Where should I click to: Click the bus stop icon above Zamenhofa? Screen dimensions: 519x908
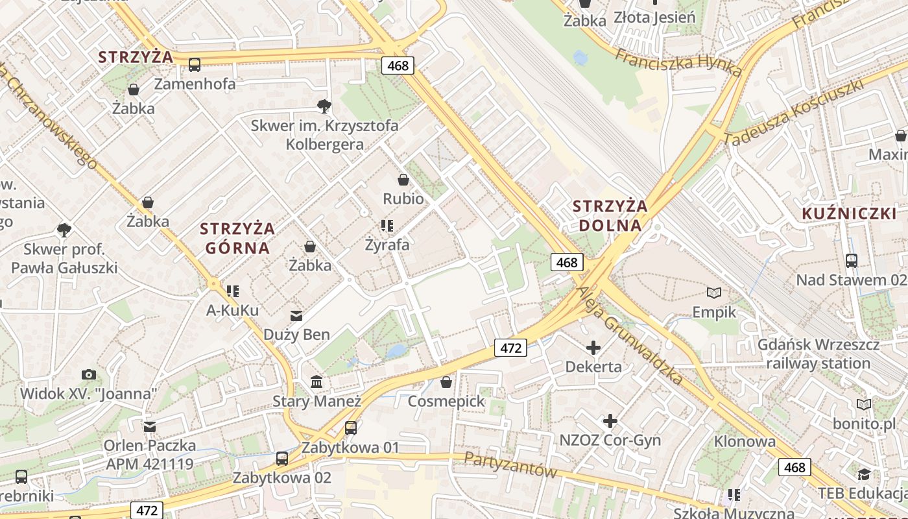pyautogui.click(x=195, y=64)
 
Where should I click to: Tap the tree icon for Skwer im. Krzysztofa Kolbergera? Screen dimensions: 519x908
pyautogui.click(x=324, y=106)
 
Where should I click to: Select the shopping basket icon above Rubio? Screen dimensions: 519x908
pyautogui.click(x=403, y=180)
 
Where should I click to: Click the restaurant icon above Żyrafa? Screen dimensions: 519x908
pyautogui.click(x=387, y=226)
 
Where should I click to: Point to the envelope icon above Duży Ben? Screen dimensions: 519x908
pyautogui.click(x=296, y=316)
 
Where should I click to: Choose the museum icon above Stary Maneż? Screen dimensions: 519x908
pyautogui.click(x=317, y=382)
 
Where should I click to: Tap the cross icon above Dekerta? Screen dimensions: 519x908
pyautogui.click(x=593, y=348)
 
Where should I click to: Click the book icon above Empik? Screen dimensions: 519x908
pyautogui.click(x=714, y=293)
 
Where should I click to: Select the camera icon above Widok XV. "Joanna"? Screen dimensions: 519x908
pyautogui.click(x=89, y=374)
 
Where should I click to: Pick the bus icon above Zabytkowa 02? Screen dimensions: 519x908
pyautogui.click(x=282, y=459)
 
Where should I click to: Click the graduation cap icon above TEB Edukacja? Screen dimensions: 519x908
pyautogui.click(x=864, y=474)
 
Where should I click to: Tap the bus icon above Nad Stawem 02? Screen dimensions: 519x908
pyautogui.click(x=852, y=261)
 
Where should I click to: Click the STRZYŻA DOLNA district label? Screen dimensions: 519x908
pyautogui.click(x=610, y=216)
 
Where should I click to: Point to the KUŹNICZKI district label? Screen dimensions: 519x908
pyautogui.click(x=849, y=213)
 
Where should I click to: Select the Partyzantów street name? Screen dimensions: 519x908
pyautogui.click(x=510, y=465)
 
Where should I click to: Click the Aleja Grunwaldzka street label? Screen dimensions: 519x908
pyautogui.click(x=630, y=336)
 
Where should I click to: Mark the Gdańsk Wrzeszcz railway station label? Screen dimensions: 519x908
pyautogui.click(x=818, y=354)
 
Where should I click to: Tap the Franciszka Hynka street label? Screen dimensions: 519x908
pyautogui.click(x=678, y=62)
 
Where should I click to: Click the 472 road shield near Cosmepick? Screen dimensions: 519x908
pyautogui.click(x=511, y=348)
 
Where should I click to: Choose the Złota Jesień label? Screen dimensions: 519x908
pyautogui.click(x=654, y=17)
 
